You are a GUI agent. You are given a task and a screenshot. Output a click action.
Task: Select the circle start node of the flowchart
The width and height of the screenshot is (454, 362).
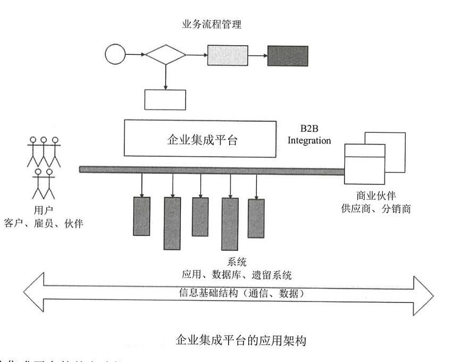pyautogui.click(x=115, y=54)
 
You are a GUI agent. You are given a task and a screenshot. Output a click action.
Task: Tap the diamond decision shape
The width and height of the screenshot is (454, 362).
pyautogui.click(x=166, y=54)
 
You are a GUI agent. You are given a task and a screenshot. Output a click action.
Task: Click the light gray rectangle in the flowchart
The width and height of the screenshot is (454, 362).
pyautogui.click(x=227, y=55)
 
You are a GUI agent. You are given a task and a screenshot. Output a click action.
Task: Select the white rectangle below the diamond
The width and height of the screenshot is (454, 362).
pyautogui.click(x=165, y=99)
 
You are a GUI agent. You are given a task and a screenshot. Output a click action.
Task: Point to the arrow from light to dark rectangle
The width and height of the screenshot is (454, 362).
pyautogui.click(x=257, y=55)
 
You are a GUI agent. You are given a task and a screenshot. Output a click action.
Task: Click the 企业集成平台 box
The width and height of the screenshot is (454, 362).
pyautogui.click(x=200, y=139)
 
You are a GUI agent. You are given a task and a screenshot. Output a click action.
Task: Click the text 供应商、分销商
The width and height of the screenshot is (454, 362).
pyautogui.click(x=375, y=208)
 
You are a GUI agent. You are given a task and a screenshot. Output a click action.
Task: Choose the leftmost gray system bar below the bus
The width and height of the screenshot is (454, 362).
pyautogui.click(x=141, y=216)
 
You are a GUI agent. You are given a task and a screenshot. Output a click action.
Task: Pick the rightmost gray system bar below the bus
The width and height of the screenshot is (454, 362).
pyautogui.click(x=256, y=214)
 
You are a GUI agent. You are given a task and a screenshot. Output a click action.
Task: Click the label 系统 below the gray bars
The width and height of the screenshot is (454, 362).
pyautogui.click(x=236, y=262)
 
